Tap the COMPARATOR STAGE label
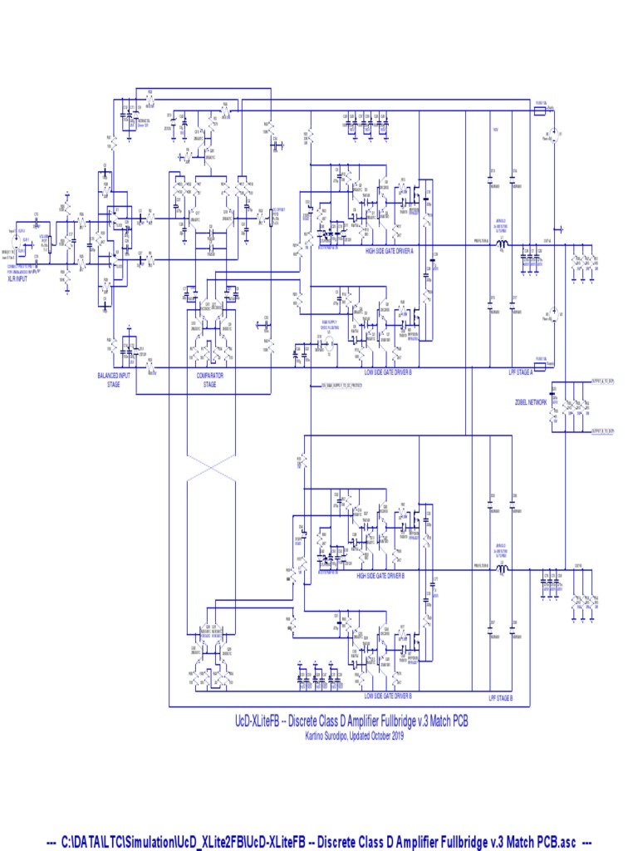209,380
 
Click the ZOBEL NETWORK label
531,401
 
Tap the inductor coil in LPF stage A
503,244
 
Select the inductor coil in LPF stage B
503,569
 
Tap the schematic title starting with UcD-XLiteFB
353,721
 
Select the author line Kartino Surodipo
353,735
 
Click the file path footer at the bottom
319,842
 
